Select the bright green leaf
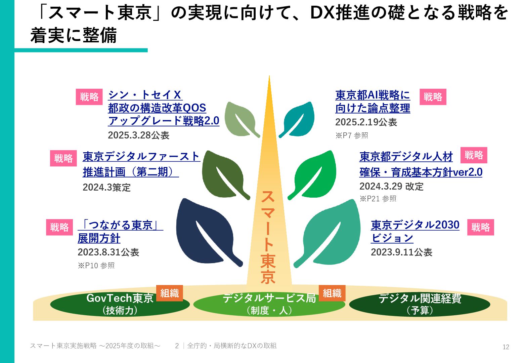pyautogui.click(x=316, y=173)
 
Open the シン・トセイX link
pyautogui.click(x=145, y=95)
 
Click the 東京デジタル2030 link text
pyautogui.click(x=415, y=225)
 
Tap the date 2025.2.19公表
pyautogui.click(x=366, y=122)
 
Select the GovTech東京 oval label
pyautogui.click(x=120, y=304)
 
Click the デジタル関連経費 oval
pyautogui.click(x=420, y=304)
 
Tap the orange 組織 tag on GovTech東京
pyautogui.click(x=170, y=293)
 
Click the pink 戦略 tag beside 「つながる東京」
pyautogui.click(x=59, y=227)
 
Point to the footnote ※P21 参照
pyautogui.click(x=378, y=199)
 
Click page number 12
pyautogui.click(x=506, y=347)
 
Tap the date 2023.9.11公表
pyautogui.click(x=401, y=252)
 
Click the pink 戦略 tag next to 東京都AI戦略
pyautogui.click(x=433, y=97)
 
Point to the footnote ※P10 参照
pyautogui.click(x=96, y=266)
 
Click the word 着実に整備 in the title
pyautogui.click(x=74, y=35)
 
